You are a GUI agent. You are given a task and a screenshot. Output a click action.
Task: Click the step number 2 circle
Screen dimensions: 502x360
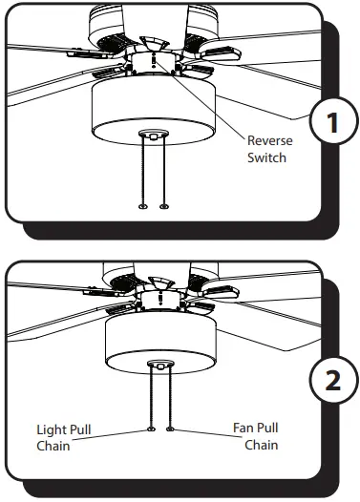click(329, 380)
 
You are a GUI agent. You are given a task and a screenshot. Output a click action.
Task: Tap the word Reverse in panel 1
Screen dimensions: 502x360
click(268, 139)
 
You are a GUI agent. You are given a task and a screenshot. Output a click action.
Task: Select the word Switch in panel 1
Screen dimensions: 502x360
click(266, 157)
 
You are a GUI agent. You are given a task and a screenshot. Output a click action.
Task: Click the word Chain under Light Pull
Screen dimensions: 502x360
click(54, 446)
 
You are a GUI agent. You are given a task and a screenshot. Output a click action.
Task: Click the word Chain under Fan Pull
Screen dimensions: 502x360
click(261, 446)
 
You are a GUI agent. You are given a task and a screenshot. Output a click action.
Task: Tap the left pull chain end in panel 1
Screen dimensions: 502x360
click(142, 206)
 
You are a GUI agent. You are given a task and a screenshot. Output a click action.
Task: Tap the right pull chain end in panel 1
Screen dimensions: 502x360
click(164, 206)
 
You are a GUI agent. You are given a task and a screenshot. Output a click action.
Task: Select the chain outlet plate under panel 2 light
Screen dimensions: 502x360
click(160, 363)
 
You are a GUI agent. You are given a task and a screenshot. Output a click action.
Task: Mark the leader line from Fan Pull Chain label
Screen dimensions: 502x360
click(202, 432)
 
